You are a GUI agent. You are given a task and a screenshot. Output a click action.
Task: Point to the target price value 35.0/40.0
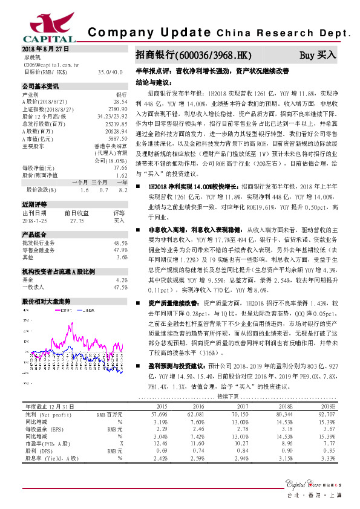[110, 71]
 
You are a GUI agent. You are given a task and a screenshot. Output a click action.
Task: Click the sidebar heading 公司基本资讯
[41, 86]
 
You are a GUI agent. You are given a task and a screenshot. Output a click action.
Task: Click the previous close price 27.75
[76, 221]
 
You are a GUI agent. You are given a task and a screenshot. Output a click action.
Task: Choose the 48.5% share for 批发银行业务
[120, 242]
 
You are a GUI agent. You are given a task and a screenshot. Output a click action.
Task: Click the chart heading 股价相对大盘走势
[47, 300]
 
